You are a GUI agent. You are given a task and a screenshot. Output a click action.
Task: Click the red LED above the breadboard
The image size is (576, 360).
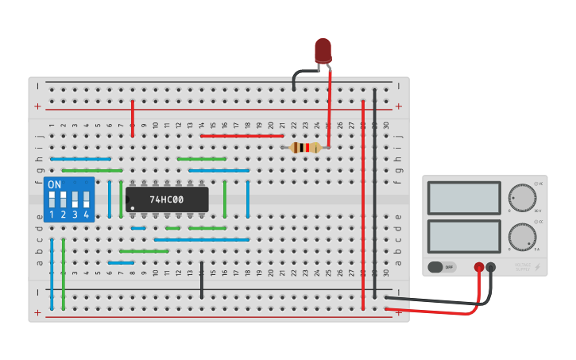pyautogui.click(x=323, y=50)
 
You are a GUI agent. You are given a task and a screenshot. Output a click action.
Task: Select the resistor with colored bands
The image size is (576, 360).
pyautogui.click(x=306, y=147)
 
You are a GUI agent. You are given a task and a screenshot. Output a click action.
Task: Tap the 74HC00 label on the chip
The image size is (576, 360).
pyautogui.click(x=167, y=199)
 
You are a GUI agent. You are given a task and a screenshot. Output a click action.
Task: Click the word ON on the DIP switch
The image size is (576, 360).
pyautogui.click(x=55, y=184)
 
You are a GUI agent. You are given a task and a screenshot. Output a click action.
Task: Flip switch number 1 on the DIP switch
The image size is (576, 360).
pyautogui.click(x=52, y=199)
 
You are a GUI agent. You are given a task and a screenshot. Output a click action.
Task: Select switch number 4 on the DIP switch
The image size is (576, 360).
pyautogui.click(x=86, y=199)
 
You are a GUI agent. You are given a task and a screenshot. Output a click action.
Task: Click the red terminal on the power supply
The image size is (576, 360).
pyautogui.click(x=479, y=268)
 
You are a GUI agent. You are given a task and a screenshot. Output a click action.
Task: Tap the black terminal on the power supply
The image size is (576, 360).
pyautogui.click(x=491, y=268)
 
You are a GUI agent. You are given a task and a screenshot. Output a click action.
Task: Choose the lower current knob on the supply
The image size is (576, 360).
pyautogui.click(x=521, y=236)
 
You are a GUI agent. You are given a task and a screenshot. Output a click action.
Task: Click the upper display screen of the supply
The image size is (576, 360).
pyautogui.click(x=464, y=198)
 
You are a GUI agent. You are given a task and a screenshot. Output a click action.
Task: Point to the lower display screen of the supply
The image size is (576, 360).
pyautogui.click(x=464, y=237)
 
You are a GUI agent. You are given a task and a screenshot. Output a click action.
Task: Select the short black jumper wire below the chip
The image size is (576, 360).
pyautogui.click(x=202, y=280)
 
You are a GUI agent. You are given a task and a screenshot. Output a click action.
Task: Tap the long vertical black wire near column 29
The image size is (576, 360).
pyautogui.click(x=375, y=199)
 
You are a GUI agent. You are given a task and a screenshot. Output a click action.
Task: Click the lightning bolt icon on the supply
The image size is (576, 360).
pyautogui.click(x=539, y=267)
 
